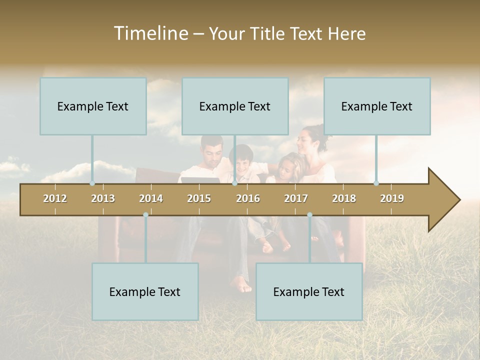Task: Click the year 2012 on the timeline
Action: click(x=55, y=198)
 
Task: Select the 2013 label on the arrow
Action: click(x=103, y=198)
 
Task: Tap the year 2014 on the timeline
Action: click(x=151, y=198)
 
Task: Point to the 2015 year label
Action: click(x=199, y=198)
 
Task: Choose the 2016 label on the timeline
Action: click(x=248, y=198)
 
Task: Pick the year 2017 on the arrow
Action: click(x=296, y=198)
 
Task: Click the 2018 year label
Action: click(x=344, y=198)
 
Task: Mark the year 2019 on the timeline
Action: click(x=392, y=198)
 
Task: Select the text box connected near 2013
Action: click(x=93, y=106)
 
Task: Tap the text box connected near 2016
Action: click(x=235, y=106)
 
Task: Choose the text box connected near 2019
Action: click(x=377, y=106)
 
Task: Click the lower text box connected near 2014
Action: click(x=145, y=292)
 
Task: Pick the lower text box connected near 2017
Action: click(x=309, y=292)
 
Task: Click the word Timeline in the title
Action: click(x=150, y=33)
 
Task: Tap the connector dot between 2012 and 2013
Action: click(x=92, y=183)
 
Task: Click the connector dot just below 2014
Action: click(x=145, y=214)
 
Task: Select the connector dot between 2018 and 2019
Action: click(x=376, y=183)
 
